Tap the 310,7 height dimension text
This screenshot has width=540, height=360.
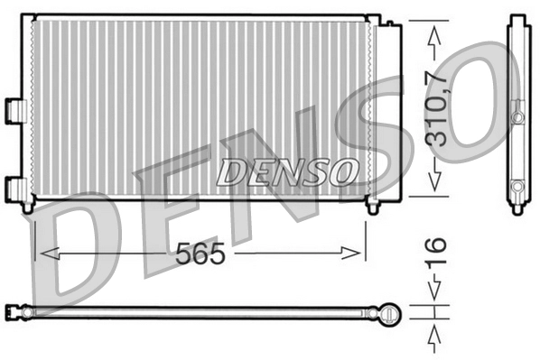point(436,109)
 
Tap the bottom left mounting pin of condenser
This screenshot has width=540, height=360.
point(28,208)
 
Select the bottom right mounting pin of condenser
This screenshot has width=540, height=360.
point(372,208)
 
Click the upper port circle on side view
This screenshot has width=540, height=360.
point(517,117)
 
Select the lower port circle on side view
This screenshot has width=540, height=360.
point(517,187)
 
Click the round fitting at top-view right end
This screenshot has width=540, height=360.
point(388,313)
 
